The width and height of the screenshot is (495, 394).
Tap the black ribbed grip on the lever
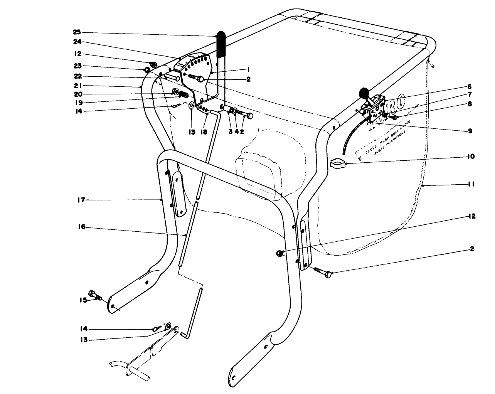click(221, 44)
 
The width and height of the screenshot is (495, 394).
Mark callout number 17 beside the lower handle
click(81, 200)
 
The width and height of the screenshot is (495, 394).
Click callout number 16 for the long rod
click(81, 228)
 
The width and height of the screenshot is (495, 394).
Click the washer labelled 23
click(147, 70)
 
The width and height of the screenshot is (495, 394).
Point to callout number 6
click(470, 87)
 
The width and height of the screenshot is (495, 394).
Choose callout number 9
click(470, 130)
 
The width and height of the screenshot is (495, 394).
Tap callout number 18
click(204, 132)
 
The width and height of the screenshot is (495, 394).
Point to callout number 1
click(249, 69)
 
